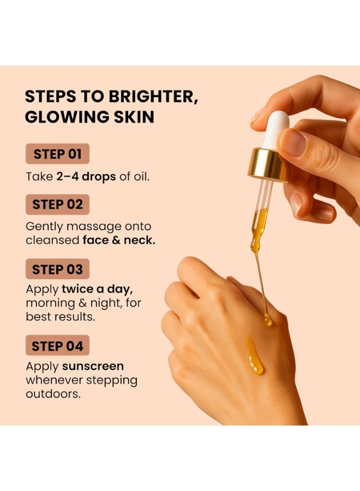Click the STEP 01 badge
(57, 154)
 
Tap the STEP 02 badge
(57, 205)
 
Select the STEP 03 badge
(57, 269)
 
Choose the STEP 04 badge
(57, 346)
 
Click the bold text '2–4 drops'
(86, 177)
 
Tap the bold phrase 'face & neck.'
(119, 240)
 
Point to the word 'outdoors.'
(53, 393)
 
